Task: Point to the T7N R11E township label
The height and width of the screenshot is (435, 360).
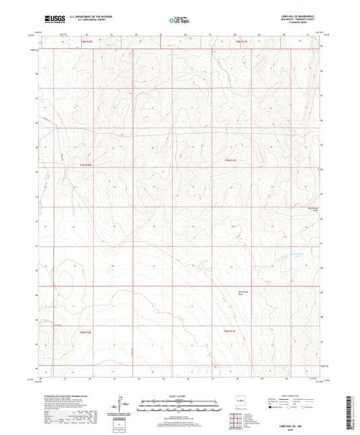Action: click(231, 160)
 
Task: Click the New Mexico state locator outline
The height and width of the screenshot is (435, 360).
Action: click(236, 399)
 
